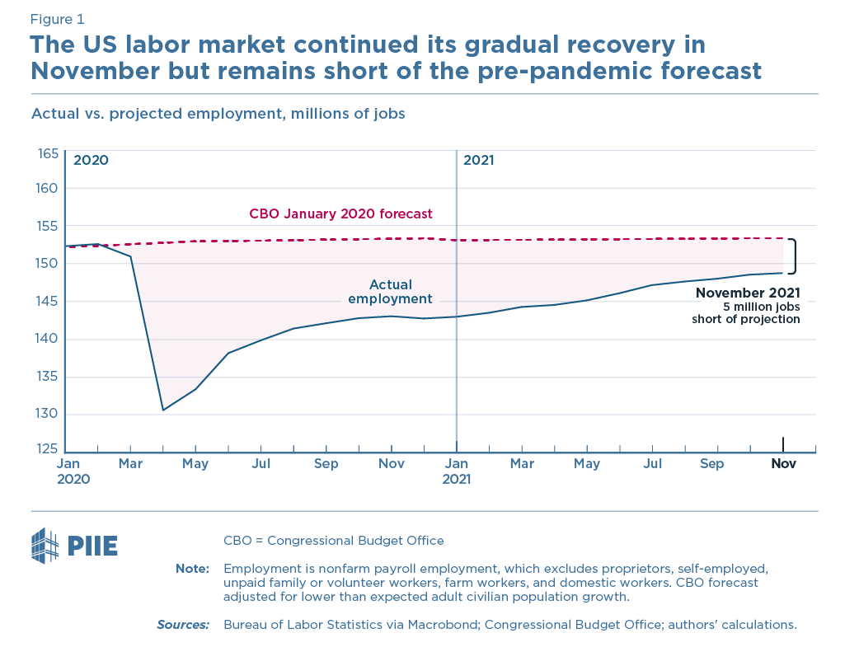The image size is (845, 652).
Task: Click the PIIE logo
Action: [74, 546]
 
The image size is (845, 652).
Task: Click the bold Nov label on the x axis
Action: [782, 464]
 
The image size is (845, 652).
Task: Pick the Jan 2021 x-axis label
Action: [456, 471]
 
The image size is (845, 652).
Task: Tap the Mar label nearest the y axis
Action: [130, 464]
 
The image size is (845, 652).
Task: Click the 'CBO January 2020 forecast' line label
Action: [340, 213]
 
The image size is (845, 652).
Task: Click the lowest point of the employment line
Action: [163, 410]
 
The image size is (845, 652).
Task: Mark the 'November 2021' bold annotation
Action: [747, 293]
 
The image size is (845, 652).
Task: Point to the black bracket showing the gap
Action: [793, 256]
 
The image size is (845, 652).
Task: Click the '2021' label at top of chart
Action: [478, 160]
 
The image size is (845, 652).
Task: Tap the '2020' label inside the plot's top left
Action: [91, 160]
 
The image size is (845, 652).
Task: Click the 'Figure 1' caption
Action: [57, 19]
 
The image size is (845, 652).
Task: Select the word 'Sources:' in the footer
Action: [183, 624]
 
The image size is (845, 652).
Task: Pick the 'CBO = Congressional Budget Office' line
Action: [333, 541]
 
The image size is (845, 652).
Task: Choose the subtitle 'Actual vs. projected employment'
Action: [218, 114]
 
